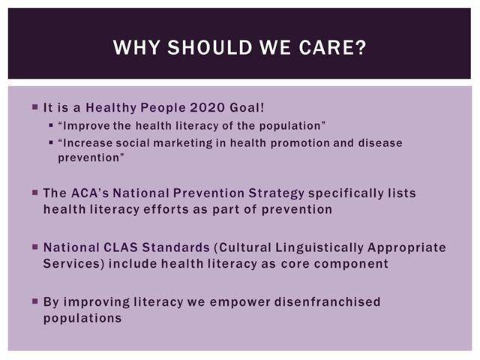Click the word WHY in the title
(136, 47)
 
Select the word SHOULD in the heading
(210, 47)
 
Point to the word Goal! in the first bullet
(247, 108)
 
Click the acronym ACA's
(90, 193)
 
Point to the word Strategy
(277, 193)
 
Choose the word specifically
(346, 193)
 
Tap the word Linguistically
(319, 248)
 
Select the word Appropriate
(406, 248)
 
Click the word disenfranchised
(327, 301)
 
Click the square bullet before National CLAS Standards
(35, 247)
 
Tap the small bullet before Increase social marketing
(51, 142)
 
